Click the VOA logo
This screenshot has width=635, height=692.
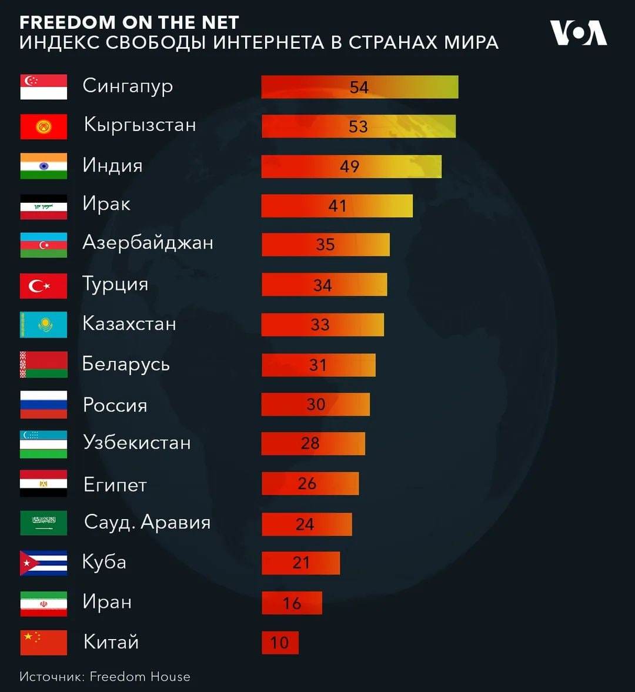pos(578,33)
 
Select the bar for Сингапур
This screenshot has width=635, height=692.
pos(359,87)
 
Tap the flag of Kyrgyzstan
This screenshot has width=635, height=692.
pos(44,126)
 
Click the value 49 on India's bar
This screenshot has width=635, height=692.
pos(349,166)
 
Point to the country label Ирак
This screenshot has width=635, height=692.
pos(106,204)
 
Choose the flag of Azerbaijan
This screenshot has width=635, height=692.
pos(44,245)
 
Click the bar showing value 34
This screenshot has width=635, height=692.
pos(324,285)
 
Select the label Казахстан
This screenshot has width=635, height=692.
pos(129,323)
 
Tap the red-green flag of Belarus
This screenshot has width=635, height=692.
pos(44,365)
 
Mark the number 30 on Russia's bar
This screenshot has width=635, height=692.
pos(316,404)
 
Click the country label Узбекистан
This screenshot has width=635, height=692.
pos(137,442)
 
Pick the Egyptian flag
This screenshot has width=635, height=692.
pos(44,483)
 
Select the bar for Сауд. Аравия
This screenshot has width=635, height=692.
pos(306,524)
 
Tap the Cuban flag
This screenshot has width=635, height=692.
pos(44,563)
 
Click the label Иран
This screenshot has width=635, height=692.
pos(107,601)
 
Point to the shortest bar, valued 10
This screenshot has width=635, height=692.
pos(280,643)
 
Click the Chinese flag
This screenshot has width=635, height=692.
pos(44,643)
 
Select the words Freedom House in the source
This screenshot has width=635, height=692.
pos(140,677)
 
